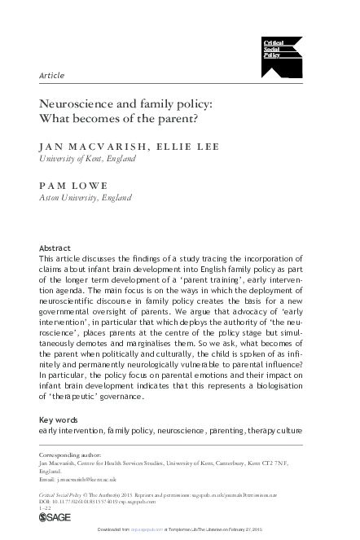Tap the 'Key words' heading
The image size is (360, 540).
coord(59,419)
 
